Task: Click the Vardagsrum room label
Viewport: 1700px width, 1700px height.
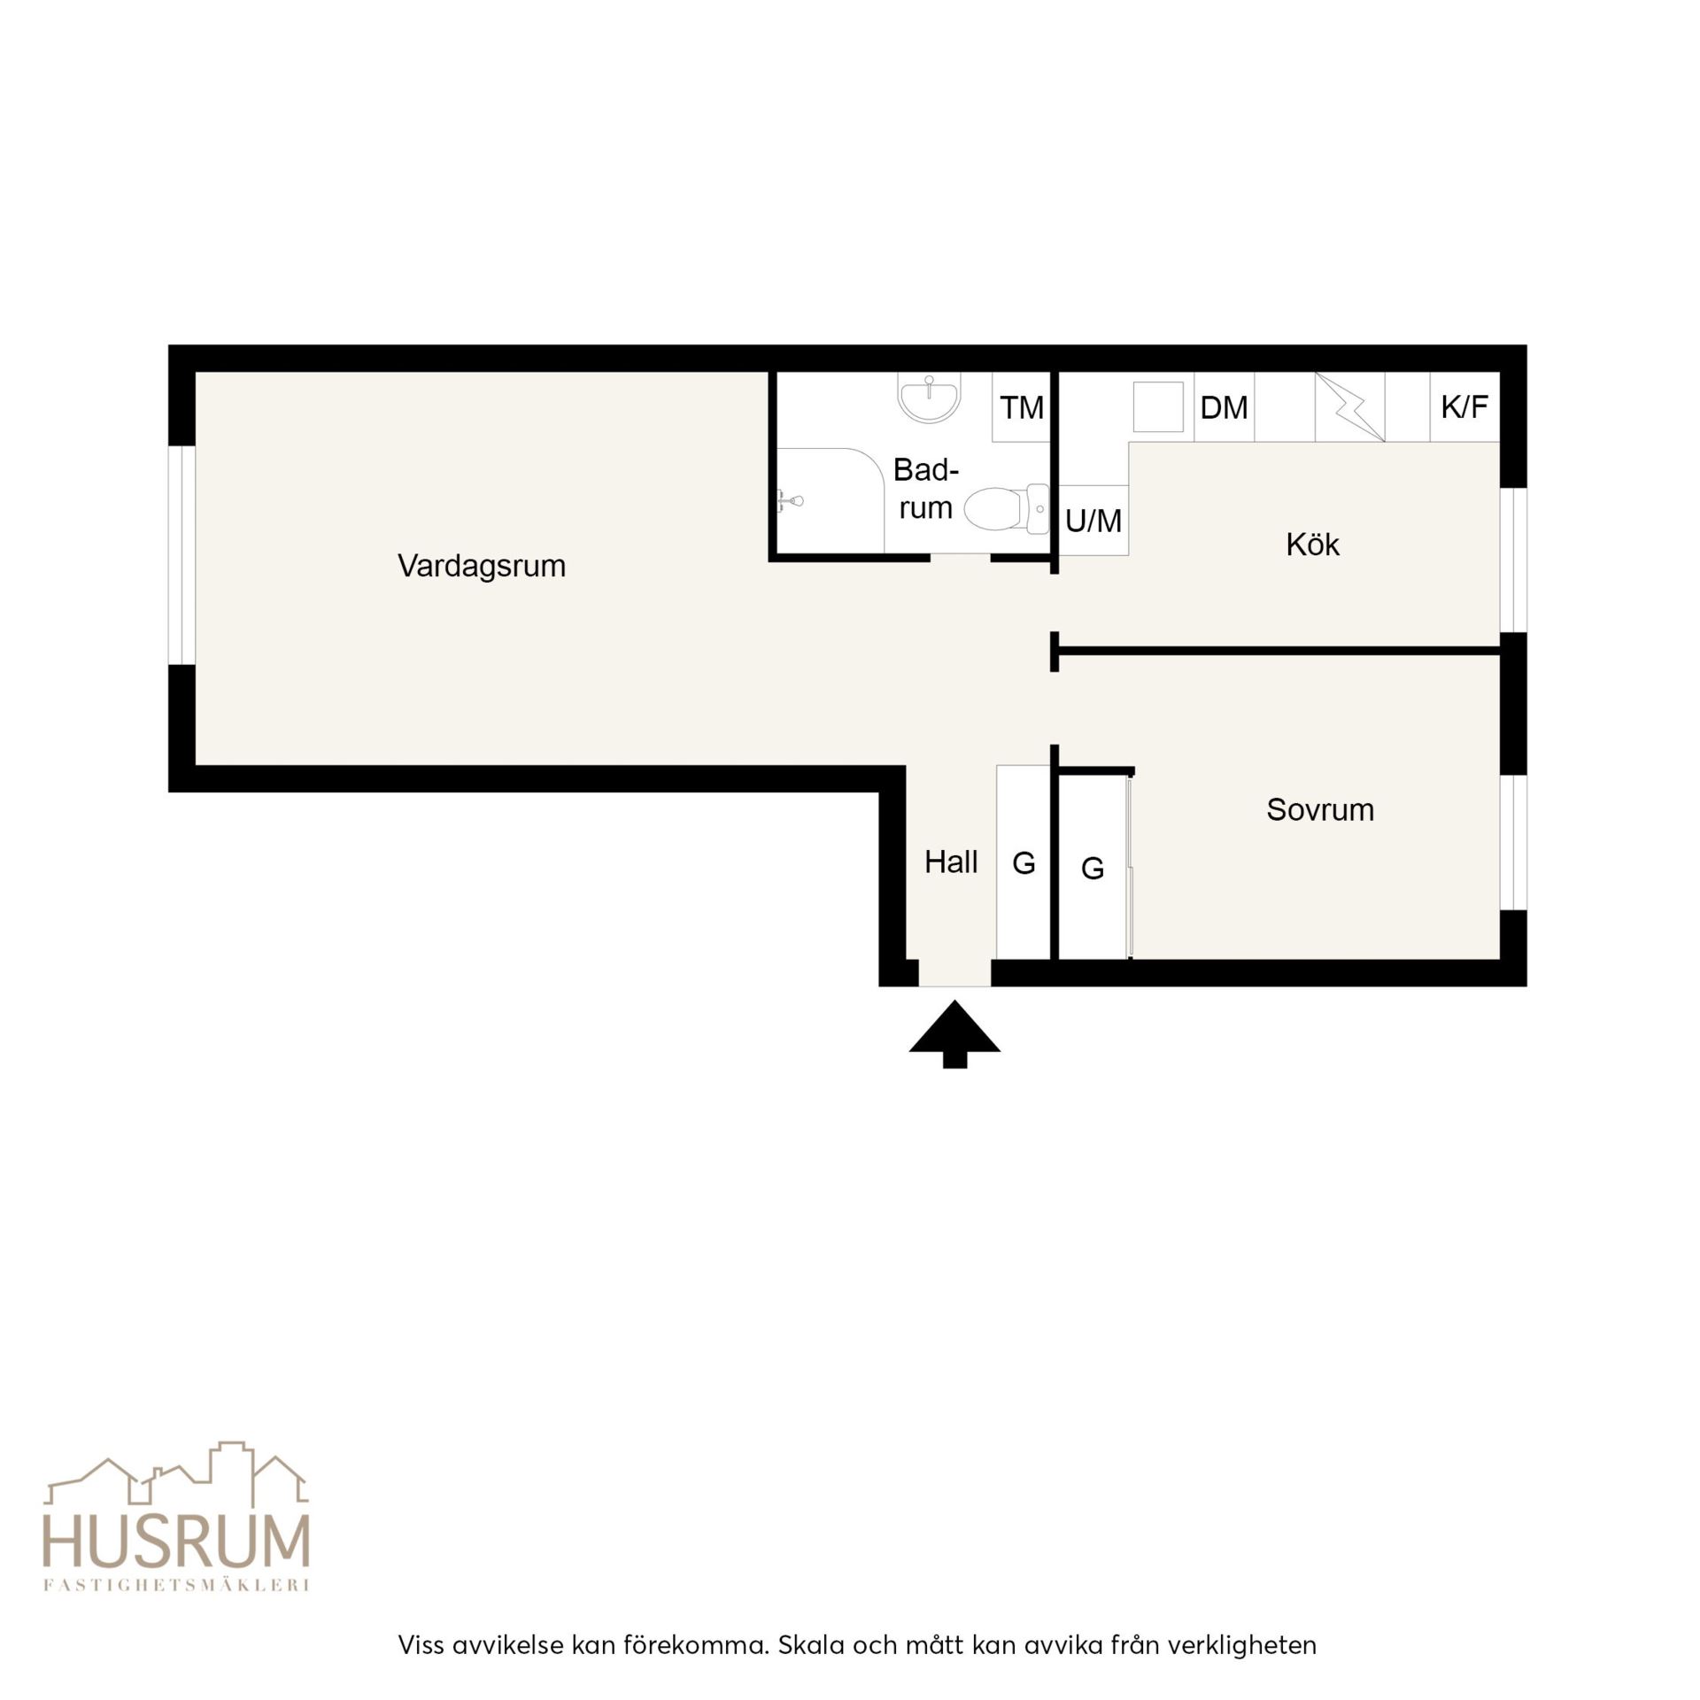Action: pos(482,566)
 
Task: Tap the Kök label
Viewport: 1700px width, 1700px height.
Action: pos(1312,544)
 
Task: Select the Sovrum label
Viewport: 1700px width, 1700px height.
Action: pos(1320,809)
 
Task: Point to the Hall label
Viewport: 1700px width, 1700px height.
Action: pos(951,862)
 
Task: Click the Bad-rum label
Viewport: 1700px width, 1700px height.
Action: pos(926,488)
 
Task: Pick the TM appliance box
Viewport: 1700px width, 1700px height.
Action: pos(1021,407)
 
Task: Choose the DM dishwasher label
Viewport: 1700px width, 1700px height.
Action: pos(1224,407)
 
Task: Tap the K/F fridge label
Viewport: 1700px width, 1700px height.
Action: pos(1464,406)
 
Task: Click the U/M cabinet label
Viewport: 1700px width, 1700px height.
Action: pos(1093,521)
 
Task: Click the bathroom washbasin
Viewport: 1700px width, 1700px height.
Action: pos(929,397)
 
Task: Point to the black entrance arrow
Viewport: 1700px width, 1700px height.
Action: pos(954,1032)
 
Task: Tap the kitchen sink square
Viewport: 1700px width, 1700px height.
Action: pos(1158,407)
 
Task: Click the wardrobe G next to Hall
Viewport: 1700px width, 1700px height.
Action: pos(1024,862)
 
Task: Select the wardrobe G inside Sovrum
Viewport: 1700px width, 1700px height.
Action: pos(1093,868)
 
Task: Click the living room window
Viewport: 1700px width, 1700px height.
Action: pos(182,555)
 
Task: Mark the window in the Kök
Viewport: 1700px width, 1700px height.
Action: pos(1513,560)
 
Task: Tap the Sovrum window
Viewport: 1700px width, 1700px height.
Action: pos(1513,842)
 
